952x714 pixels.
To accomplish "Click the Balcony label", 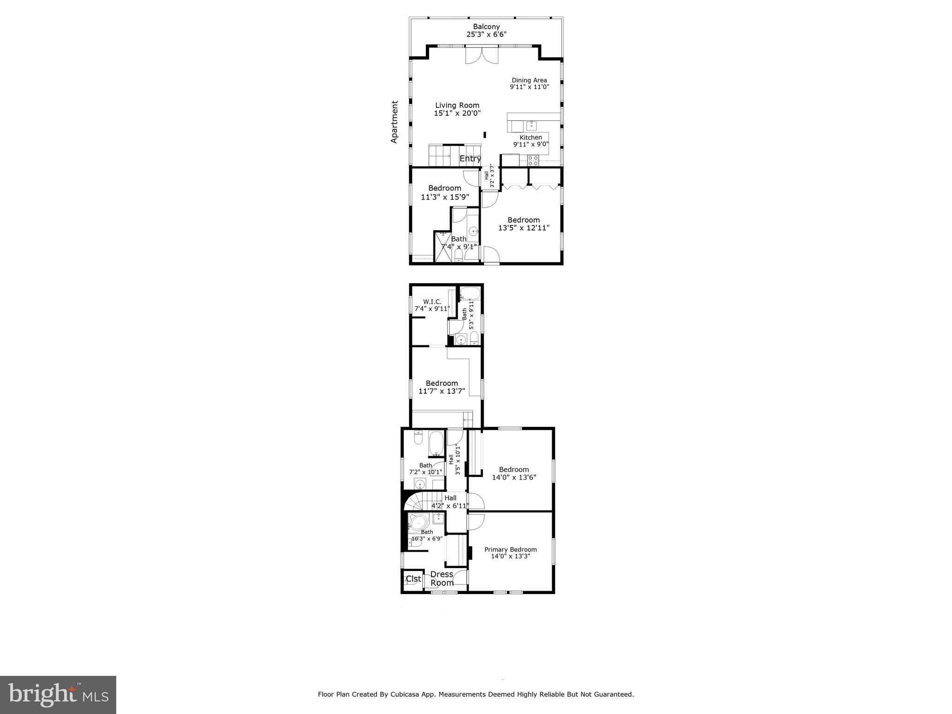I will pos(486,27).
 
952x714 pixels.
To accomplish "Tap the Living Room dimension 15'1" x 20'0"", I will pos(457,113).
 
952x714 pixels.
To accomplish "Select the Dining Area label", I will pos(529,80).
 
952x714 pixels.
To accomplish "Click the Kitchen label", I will pos(530,138).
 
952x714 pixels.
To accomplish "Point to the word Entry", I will pos(470,159).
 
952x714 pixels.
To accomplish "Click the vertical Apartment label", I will pos(395,122).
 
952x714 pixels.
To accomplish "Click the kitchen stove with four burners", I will pos(533,160).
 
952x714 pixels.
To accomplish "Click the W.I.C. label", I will pos(432,302).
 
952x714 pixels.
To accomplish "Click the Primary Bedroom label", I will pos(510,549).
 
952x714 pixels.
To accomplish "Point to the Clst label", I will pos(413,579).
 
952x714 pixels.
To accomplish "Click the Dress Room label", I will pos(442,579).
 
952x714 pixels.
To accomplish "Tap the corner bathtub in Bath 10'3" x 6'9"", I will pos(418,523).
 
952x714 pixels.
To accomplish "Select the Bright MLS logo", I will pos(58,695).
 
